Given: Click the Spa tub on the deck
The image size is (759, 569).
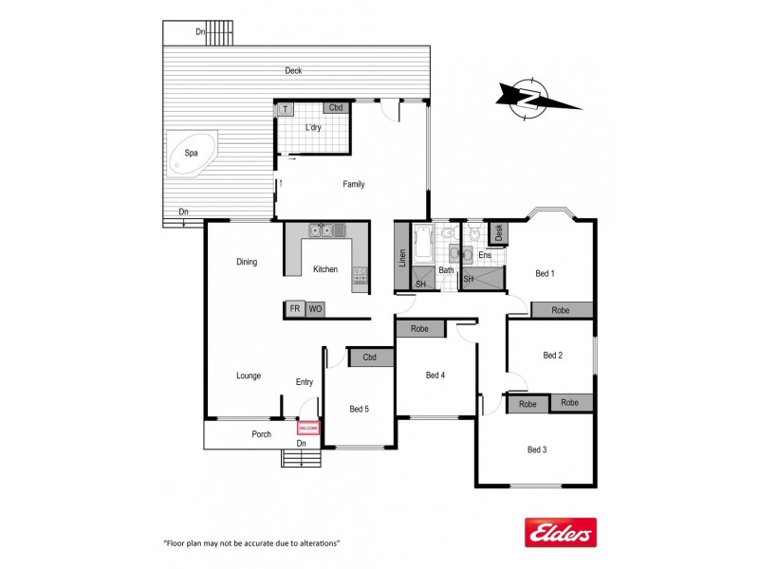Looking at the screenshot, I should click(193, 156).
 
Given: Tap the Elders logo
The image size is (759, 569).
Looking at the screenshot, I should click(560, 534).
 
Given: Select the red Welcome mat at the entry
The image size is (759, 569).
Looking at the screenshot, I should click(308, 429).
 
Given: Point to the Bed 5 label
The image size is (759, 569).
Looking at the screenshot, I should click(359, 409).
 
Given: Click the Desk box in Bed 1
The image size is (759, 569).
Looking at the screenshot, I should click(499, 232).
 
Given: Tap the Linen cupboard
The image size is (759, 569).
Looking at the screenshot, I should click(402, 257).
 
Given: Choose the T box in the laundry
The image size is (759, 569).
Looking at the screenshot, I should click(285, 110).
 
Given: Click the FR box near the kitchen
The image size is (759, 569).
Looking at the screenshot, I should click(295, 309).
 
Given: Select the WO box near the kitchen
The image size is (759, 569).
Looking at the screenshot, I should click(316, 309).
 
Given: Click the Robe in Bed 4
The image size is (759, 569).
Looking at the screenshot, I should click(419, 329).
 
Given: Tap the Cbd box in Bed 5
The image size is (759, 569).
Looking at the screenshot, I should click(370, 358).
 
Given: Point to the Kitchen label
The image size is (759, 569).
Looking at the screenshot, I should click(325, 269).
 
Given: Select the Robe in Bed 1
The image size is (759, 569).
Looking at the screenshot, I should click(561, 310).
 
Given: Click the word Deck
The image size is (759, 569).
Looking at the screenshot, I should click(293, 71).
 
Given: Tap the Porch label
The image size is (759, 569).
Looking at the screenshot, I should click(262, 434).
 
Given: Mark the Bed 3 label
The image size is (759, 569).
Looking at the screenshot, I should click(536, 450).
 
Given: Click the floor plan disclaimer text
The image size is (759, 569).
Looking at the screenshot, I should click(252, 543).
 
